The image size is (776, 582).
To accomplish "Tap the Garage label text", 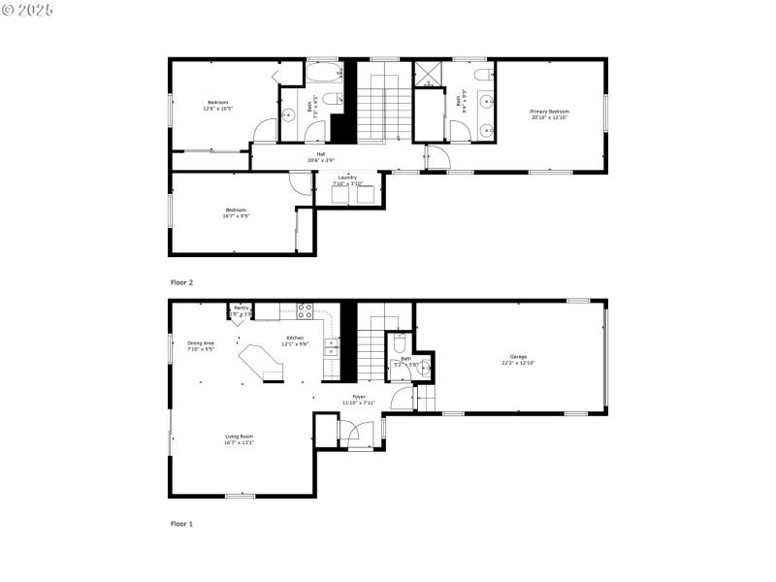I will pyautogui.click(x=519, y=360).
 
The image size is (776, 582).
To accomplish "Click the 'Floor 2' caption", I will pyautogui.click(x=182, y=282).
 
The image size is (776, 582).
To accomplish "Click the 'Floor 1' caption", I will pyautogui.click(x=182, y=524).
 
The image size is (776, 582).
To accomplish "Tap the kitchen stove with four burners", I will pyautogui.click(x=305, y=311).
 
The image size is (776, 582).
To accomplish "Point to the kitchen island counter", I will pyautogui.click(x=263, y=362).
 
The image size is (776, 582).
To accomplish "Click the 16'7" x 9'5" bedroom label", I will pyautogui.click(x=236, y=212).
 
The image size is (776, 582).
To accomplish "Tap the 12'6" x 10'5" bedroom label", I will pyautogui.click(x=217, y=106).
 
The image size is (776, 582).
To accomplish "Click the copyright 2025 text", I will pyautogui.click(x=28, y=10).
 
